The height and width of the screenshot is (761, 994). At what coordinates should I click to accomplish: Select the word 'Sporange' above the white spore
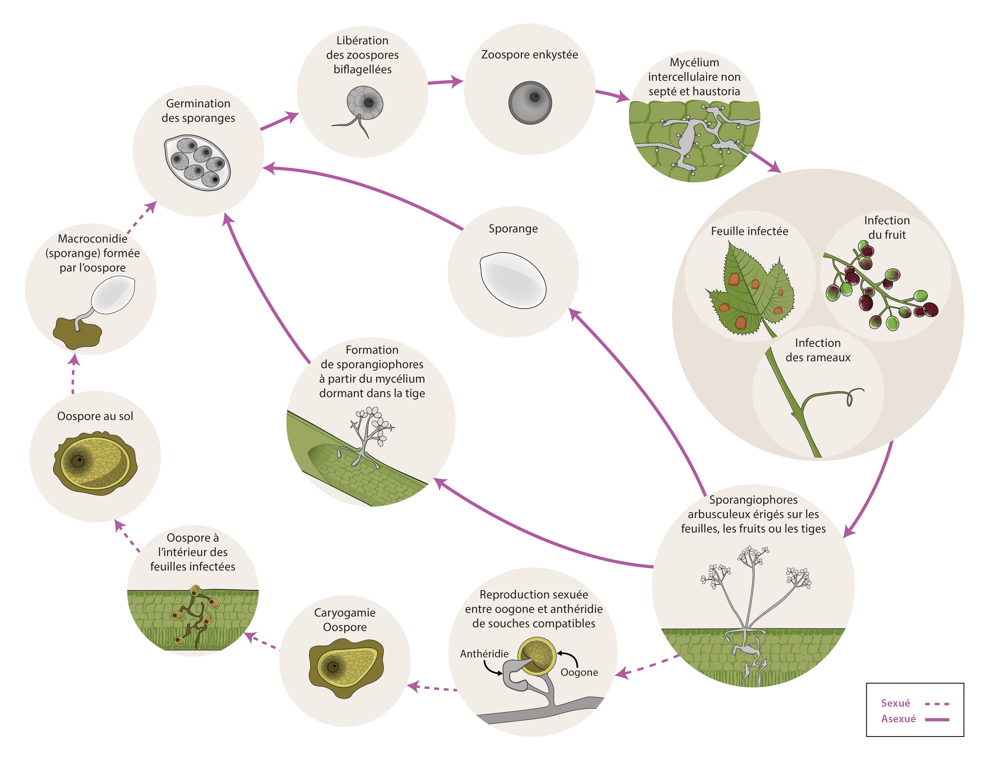click(x=513, y=229)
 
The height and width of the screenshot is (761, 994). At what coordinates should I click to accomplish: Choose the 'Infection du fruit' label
click(x=886, y=227)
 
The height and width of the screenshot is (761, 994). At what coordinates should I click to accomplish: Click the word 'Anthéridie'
click(x=484, y=654)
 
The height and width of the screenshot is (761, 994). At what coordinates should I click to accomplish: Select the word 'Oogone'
click(x=579, y=672)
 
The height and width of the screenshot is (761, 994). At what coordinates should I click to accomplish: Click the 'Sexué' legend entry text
click(x=895, y=703)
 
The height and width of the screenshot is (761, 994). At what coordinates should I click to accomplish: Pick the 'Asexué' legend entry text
click(x=898, y=719)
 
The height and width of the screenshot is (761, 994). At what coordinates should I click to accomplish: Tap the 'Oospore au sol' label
click(x=95, y=416)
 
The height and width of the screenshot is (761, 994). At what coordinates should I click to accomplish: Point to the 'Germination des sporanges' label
click(x=198, y=111)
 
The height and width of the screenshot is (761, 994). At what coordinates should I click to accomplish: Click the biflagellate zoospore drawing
click(x=362, y=109)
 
